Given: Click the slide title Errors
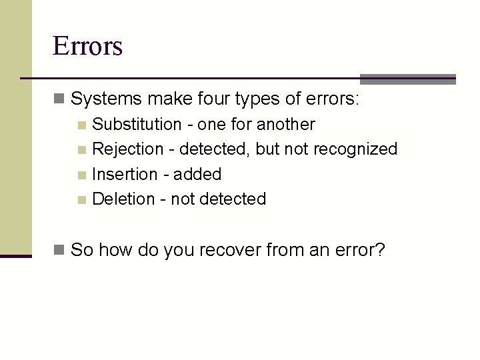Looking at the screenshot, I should (x=87, y=47).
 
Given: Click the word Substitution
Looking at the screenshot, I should (x=137, y=124).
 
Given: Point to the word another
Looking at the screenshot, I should (x=286, y=124).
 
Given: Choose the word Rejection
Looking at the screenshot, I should (x=128, y=149).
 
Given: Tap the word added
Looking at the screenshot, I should (x=197, y=174).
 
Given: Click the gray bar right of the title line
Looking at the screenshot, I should (x=407, y=79).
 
